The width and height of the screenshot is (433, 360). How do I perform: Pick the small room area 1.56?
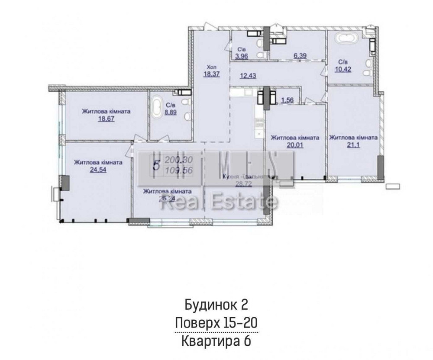288,100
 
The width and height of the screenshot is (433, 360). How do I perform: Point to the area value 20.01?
295,145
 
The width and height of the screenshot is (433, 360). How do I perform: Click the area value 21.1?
353,145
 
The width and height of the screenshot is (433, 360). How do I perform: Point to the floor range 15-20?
238,323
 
